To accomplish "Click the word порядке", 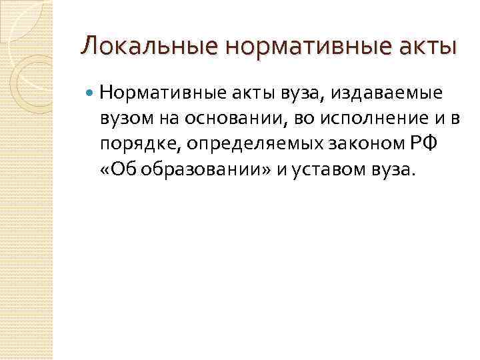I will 133,143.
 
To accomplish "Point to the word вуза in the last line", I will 393,169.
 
